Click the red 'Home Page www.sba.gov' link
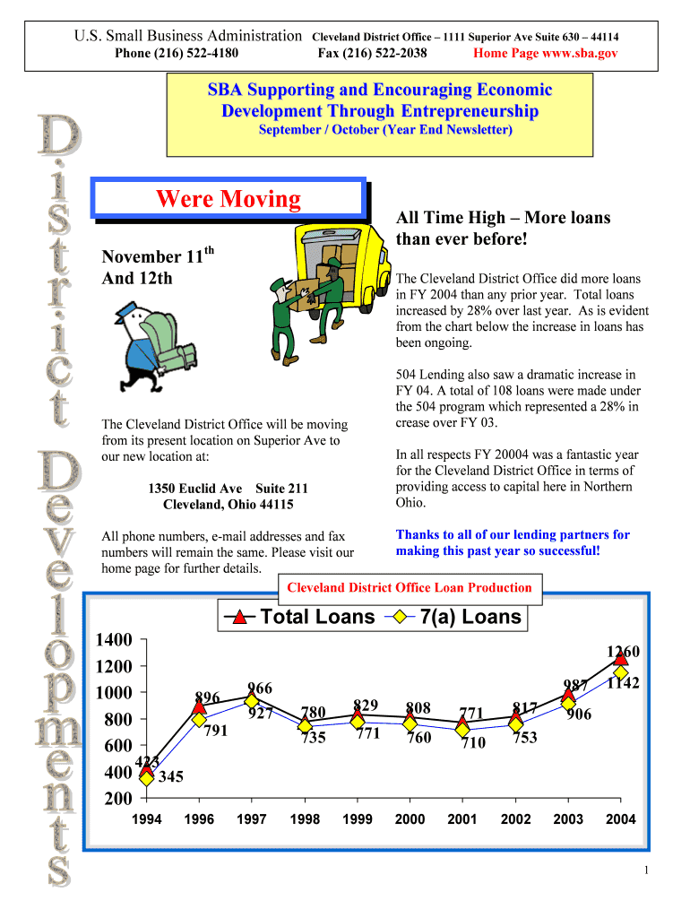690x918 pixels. [x=545, y=53]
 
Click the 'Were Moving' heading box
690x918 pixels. [x=229, y=198]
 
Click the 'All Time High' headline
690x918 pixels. [x=503, y=228]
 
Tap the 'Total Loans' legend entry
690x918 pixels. [x=299, y=617]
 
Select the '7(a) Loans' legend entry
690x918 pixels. [x=454, y=617]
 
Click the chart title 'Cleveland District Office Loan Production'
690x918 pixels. [x=410, y=588]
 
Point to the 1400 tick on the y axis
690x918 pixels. [x=114, y=639]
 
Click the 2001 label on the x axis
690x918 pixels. [x=462, y=819]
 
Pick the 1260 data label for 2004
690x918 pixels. [x=624, y=652]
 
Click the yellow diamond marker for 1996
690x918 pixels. [x=199, y=720]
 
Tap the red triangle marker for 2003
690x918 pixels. [x=568, y=695]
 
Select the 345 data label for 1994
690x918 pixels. [x=171, y=776]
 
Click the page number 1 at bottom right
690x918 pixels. [x=646, y=870]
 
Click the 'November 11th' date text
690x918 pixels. [x=158, y=255]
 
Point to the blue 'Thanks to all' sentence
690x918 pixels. [x=513, y=542]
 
